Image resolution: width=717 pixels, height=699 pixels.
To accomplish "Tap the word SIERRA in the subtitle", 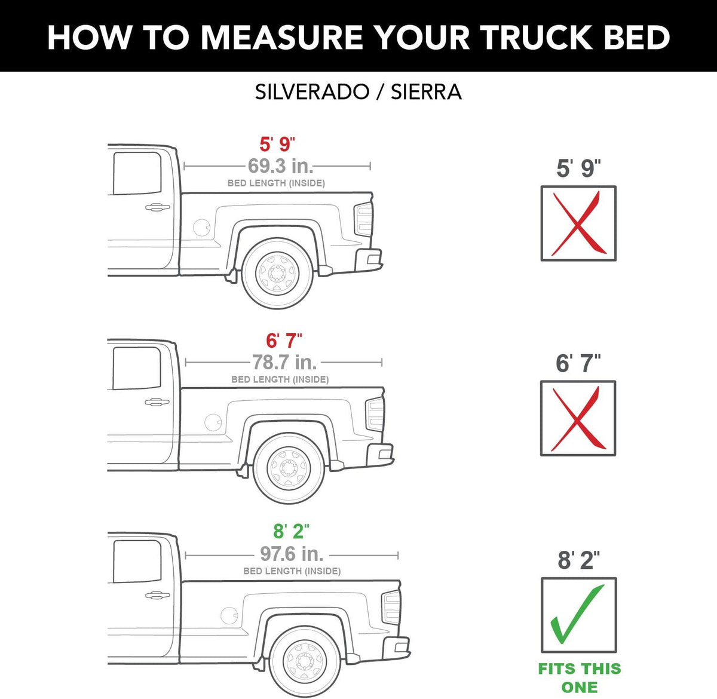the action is coord(426,92).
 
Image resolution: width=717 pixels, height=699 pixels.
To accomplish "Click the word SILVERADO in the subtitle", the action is coord(312,92).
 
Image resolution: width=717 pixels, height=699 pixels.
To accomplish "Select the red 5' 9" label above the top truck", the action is coord(277,144).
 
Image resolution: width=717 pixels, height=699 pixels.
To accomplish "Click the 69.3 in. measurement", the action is coord(280,166).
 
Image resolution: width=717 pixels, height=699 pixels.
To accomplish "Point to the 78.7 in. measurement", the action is coord(284,362).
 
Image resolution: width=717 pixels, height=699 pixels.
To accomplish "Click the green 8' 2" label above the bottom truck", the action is coord(291,531).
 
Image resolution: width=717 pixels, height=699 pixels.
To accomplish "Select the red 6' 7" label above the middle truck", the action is coord(284,341).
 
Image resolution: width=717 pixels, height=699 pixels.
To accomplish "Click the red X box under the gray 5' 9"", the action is coord(578,223).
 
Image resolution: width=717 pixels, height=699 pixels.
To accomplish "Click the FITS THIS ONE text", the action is coord(580,678).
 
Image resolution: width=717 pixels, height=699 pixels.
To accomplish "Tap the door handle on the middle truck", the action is coord(157,402).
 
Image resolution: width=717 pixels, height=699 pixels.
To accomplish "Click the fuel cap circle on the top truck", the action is coord(201,228).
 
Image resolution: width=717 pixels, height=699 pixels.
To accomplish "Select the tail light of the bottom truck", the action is coord(391,607).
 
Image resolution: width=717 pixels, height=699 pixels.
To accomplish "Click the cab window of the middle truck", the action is coord(137,369).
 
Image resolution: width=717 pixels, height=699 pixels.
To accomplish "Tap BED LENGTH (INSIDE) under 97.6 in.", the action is coord(292,571).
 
